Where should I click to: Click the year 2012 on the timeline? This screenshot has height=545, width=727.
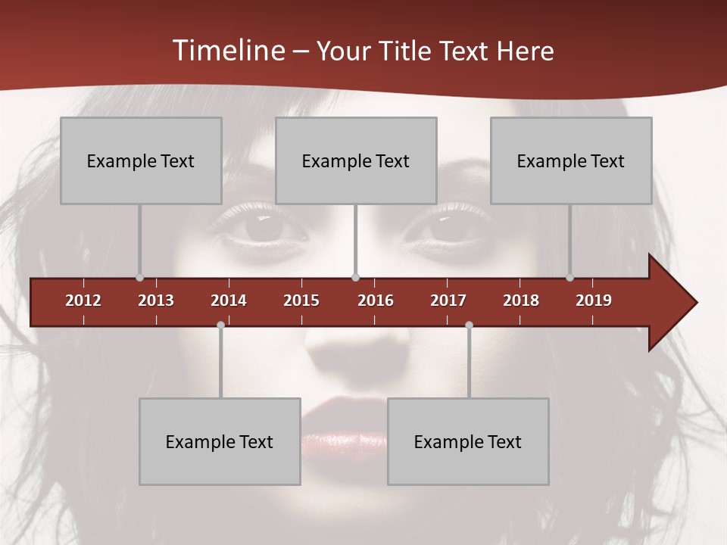pyautogui.click(x=83, y=301)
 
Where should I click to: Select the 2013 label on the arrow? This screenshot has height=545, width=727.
pyautogui.click(x=156, y=301)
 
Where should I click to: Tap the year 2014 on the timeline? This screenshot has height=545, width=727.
pyautogui.click(x=229, y=301)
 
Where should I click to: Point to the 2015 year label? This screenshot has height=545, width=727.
pyautogui.click(x=301, y=301)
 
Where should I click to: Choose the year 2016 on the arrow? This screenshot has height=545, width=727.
pyautogui.click(x=376, y=301)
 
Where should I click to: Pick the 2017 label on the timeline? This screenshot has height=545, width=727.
pyautogui.click(x=448, y=301)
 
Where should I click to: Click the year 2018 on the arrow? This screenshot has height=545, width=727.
pyautogui.click(x=521, y=301)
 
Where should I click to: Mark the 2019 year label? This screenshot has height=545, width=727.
pyautogui.click(x=594, y=301)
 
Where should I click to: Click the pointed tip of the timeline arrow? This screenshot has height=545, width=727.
pyautogui.click(x=695, y=303)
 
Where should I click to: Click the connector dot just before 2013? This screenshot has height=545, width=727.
pyautogui.click(x=139, y=278)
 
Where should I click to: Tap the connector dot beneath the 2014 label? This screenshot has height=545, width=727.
pyautogui.click(x=220, y=325)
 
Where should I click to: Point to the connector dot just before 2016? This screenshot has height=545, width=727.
pyautogui.click(x=356, y=278)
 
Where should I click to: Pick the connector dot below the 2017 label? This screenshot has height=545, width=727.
pyautogui.click(x=469, y=325)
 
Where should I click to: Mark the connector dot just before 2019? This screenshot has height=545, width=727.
pyautogui.click(x=570, y=278)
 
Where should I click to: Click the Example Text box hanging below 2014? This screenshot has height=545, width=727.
pyautogui.click(x=220, y=441)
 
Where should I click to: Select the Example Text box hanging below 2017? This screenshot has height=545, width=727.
pyautogui.click(x=468, y=441)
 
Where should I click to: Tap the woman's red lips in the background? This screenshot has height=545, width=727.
pyautogui.click(x=345, y=428)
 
